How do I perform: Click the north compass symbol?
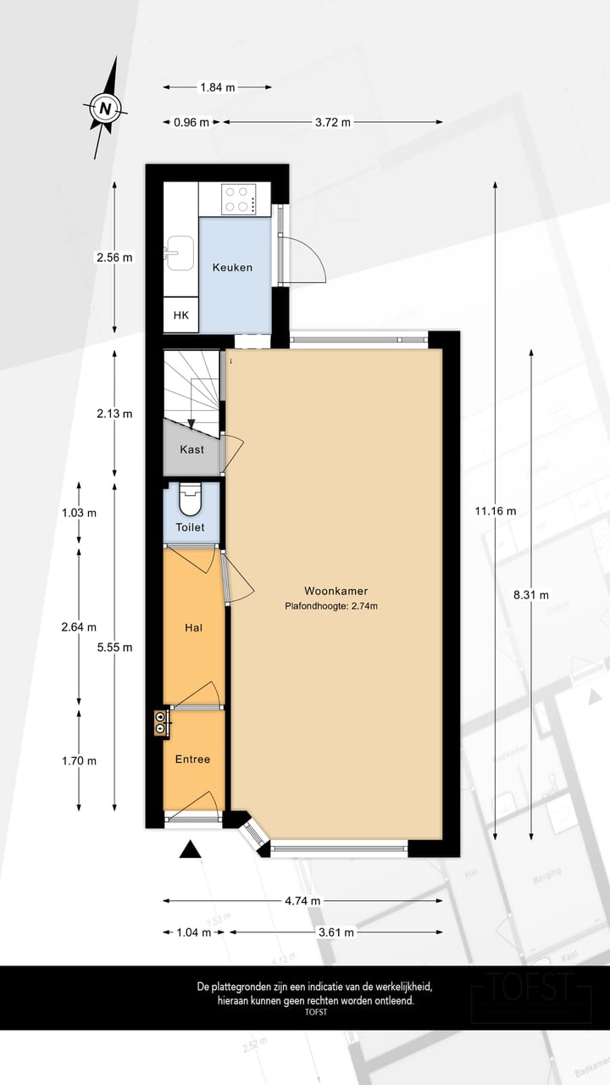click(105, 108)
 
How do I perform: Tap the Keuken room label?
click(232, 267)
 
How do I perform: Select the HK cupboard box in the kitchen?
click(180, 315)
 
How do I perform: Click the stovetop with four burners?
click(240, 199)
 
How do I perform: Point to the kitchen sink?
click(180, 253)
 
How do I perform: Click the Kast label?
click(191, 449)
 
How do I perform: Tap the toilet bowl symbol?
click(191, 499)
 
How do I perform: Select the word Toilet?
click(191, 527)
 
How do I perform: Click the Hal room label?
click(192, 629)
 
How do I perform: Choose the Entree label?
click(192, 759)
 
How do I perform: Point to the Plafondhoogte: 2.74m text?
click(331, 606)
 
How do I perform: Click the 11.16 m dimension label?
click(496, 510)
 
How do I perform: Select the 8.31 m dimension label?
click(531, 593)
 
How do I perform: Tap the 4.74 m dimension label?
click(302, 901)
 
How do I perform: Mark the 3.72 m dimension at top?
click(332, 122)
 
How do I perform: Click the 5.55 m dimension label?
click(115, 647)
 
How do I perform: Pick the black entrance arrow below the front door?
click(191, 849)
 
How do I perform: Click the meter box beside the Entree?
click(159, 721)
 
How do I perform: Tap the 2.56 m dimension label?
click(115, 257)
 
